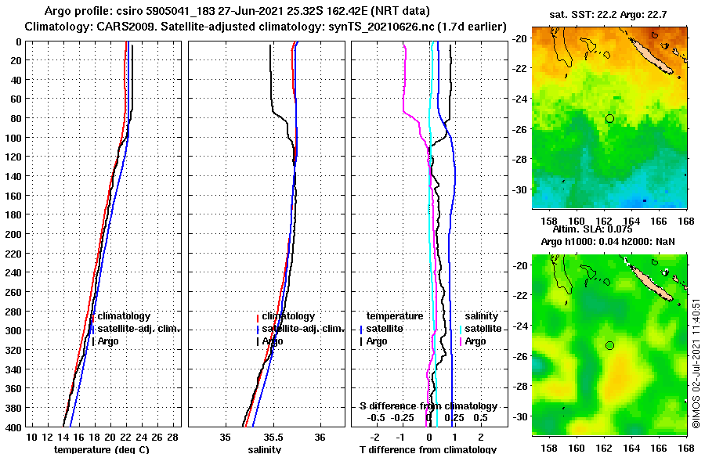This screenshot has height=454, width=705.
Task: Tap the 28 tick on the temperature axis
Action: click(x=173, y=436)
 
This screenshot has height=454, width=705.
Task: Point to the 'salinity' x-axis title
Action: click(x=265, y=449)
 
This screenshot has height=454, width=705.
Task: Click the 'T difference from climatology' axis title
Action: click(x=428, y=449)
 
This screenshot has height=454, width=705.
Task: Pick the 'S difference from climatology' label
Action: click(x=428, y=406)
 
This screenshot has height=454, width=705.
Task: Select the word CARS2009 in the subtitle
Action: click(x=110, y=26)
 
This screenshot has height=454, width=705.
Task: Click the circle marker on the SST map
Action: click(x=609, y=118)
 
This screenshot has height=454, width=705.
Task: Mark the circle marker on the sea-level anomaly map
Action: click(x=609, y=345)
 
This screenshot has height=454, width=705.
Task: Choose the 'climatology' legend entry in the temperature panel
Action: click(x=124, y=315)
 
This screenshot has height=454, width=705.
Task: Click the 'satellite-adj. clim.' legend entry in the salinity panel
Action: click(x=302, y=328)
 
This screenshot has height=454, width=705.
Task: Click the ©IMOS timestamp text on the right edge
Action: click(x=696, y=362)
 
